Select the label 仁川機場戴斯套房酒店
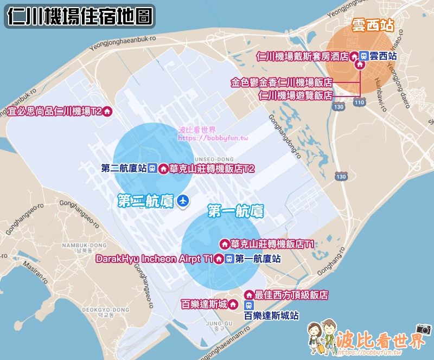302,56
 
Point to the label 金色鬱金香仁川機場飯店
281,82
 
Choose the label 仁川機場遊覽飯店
295,95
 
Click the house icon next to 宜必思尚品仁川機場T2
107,112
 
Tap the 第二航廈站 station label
124,169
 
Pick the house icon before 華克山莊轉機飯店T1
224,244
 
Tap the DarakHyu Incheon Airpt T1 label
154,259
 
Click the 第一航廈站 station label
258,259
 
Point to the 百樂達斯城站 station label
271,315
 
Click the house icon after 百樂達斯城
233,304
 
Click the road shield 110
358,101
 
